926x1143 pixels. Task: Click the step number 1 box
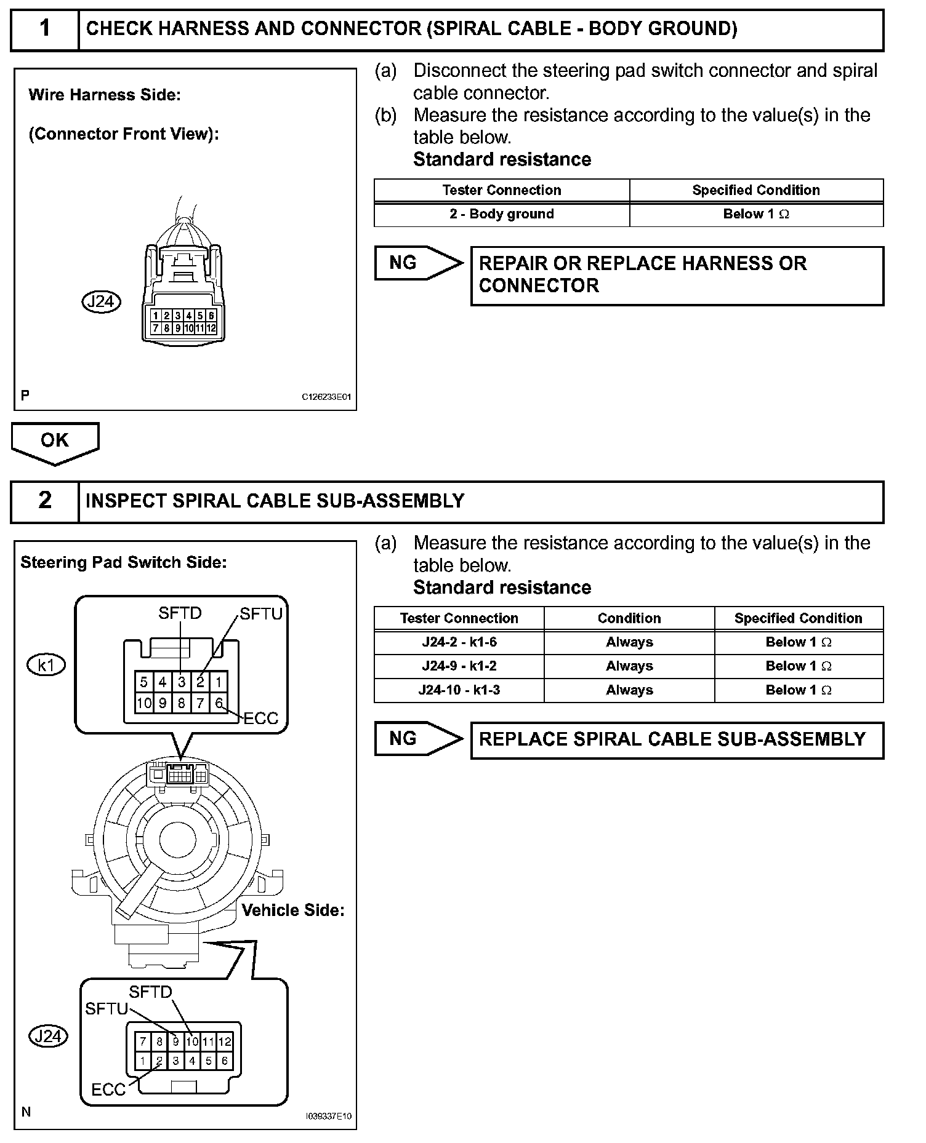point(45,29)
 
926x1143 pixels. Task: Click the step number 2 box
point(45,501)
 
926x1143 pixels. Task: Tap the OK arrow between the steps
point(55,442)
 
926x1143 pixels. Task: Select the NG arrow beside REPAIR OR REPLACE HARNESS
point(417,263)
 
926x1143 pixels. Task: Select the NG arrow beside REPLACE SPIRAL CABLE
point(417,738)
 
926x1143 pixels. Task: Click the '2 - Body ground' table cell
point(501,214)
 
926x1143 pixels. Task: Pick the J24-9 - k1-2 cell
point(459,666)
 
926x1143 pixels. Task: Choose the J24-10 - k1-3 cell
point(459,690)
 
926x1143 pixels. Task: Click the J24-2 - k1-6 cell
point(459,642)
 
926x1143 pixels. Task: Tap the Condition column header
point(629,618)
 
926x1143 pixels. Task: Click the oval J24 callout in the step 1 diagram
point(101,301)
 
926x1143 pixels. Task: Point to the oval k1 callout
point(46,664)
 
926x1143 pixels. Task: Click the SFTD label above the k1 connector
point(180,613)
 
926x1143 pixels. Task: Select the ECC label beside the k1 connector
point(261,718)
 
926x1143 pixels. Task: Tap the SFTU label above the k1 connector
point(261,614)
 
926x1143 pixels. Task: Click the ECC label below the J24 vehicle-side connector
point(108,1089)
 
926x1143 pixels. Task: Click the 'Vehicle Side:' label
point(292,910)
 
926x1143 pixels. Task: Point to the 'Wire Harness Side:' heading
point(105,95)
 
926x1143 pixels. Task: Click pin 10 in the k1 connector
point(144,703)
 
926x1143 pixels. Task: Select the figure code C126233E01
point(326,397)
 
